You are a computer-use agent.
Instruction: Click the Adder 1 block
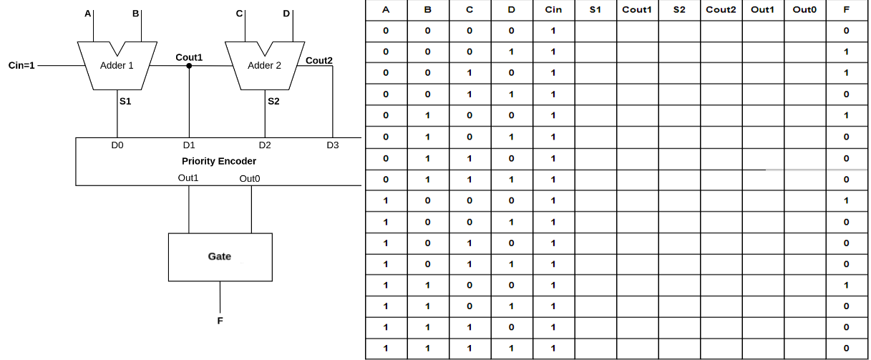coord(117,66)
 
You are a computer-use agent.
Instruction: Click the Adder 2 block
coord(264,66)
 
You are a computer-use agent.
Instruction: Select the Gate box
coord(220,256)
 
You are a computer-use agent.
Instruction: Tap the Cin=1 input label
coord(21,66)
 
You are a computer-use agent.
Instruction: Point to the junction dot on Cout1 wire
coord(189,66)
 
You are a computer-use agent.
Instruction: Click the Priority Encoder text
coord(219,161)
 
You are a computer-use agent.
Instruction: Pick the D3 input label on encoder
coord(333,145)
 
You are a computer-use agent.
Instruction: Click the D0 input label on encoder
coord(117,145)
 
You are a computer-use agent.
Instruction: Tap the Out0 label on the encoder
coord(250,178)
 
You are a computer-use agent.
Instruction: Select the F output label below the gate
coord(220,321)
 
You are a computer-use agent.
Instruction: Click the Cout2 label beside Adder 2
coord(319,60)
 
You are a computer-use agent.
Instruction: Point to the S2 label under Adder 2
coord(273,102)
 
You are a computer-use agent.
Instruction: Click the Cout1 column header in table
coord(637,10)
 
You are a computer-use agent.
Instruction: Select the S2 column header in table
coord(679,10)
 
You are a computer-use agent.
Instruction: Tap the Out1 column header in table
coord(763,10)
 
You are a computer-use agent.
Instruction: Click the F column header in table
coord(847,10)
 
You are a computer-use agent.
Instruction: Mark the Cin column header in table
coord(553,10)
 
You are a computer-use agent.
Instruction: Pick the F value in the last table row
coord(847,349)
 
